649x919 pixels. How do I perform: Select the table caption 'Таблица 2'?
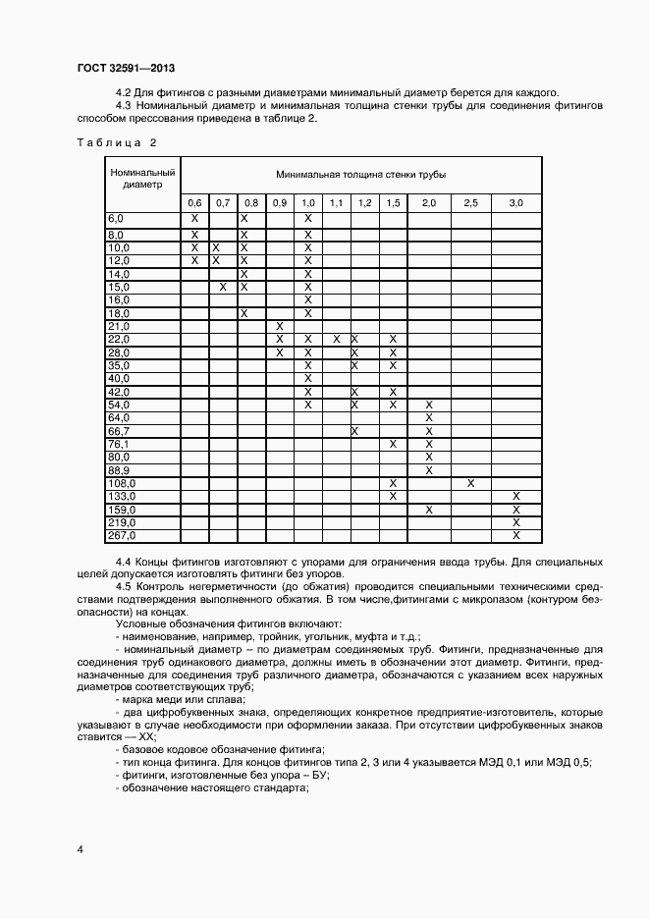pyautogui.click(x=116, y=142)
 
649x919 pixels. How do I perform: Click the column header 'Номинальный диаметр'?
pyautogui.click(x=141, y=178)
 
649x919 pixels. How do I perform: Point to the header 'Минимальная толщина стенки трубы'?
pyautogui.click(x=360, y=174)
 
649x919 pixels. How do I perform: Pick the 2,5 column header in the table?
pyautogui.click(x=470, y=203)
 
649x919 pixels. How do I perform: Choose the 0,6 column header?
pyautogui.click(x=194, y=203)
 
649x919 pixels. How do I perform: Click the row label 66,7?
pyautogui.click(x=118, y=431)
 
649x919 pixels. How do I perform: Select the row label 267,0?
pyautogui.click(x=120, y=536)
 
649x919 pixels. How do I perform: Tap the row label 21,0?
pyautogui.click(x=118, y=326)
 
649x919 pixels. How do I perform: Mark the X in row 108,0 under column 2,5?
pyautogui.click(x=470, y=483)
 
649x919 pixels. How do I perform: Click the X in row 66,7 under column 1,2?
pyautogui.click(x=354, y=431)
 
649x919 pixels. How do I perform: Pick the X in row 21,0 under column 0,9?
pyautogui.click(x=280, y=326)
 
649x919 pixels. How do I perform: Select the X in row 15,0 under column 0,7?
pyautogui.click(x=223, y=287)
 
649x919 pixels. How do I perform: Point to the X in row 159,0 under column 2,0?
pyautogui.click(x=428, y=510)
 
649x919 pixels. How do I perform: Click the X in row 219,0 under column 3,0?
pyautogui.click(x=515, y=522)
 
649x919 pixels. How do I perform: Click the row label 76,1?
pyautogui.click(x=118, y=444)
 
